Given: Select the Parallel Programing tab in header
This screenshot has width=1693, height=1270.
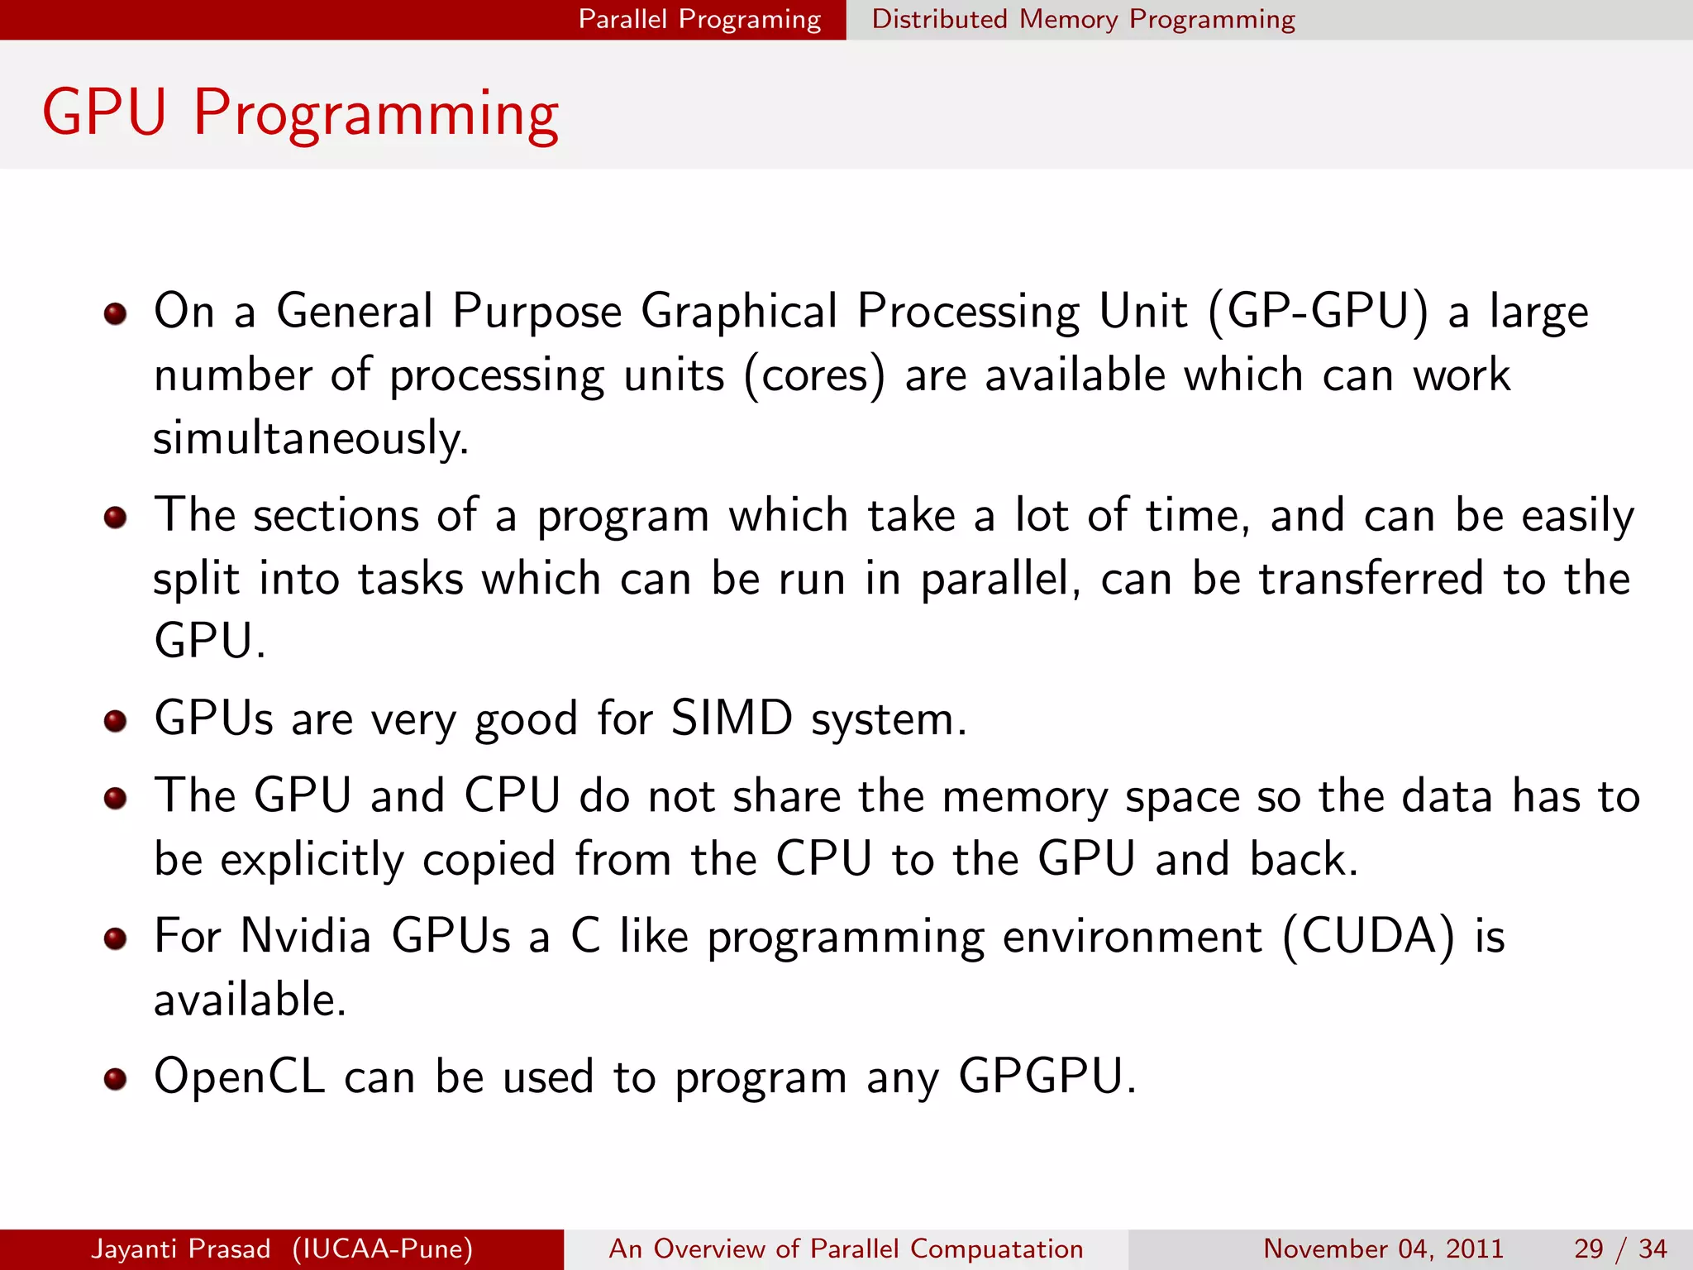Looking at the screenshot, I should point(699,19).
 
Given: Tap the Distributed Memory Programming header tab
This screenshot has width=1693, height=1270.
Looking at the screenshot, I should point(1083,19).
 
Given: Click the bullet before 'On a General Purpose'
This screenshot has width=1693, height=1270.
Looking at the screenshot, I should point(115,314).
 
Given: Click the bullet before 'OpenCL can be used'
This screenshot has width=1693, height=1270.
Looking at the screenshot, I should point(115,1079).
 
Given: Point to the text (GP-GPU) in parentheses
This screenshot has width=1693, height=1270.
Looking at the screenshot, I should point(1318,313).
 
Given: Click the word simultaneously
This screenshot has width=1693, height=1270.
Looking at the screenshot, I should point(311,438).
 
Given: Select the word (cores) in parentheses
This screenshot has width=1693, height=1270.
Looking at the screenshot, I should point(814,376).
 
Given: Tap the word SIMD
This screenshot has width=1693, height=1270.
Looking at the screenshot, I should point(732,718).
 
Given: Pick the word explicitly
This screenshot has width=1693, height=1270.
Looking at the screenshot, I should point(312,860).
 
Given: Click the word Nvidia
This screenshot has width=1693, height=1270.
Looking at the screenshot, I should point(305,936).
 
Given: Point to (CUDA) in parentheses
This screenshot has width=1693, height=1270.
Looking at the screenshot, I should point(1368,937).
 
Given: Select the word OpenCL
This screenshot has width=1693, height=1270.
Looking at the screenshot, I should point(240,1077).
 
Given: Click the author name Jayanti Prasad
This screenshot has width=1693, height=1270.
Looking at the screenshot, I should point(180,1249).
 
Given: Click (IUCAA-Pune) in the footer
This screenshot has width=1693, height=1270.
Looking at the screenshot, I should point(382,1249).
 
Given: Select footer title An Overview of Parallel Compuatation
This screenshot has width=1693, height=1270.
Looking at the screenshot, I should point(846,1249).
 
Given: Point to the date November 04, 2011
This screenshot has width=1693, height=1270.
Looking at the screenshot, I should point(1383,1249).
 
